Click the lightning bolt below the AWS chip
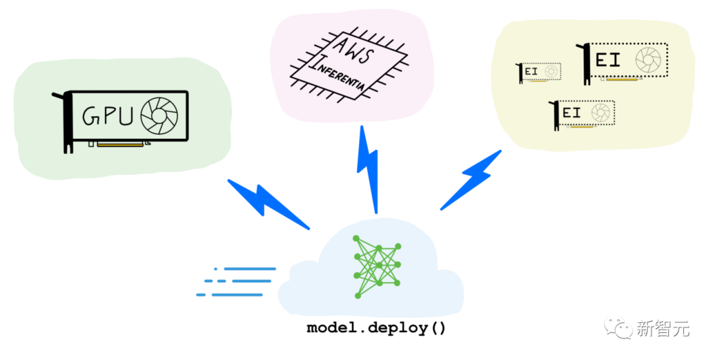368,168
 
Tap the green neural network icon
378,266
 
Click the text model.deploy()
376,328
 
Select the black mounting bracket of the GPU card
66,122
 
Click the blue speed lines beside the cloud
238,281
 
